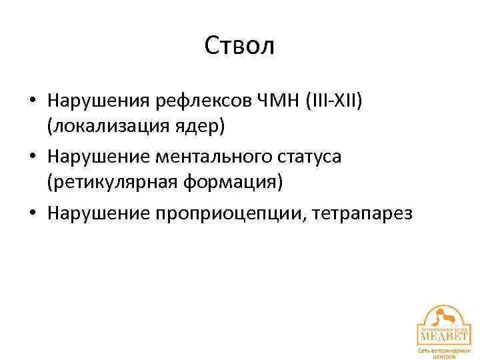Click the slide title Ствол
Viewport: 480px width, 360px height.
pyautogui.click(x=240, y=46)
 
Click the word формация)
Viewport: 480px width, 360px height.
pyautogui.click(x=230, y=182)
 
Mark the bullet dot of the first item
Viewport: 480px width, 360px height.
pyautogui.click(x=32, y=101)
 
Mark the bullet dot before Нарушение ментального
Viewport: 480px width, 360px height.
pyautogui.click(x=32, y=158)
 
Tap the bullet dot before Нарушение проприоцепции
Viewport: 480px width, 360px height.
pyautogui.click(x=32, y=215)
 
